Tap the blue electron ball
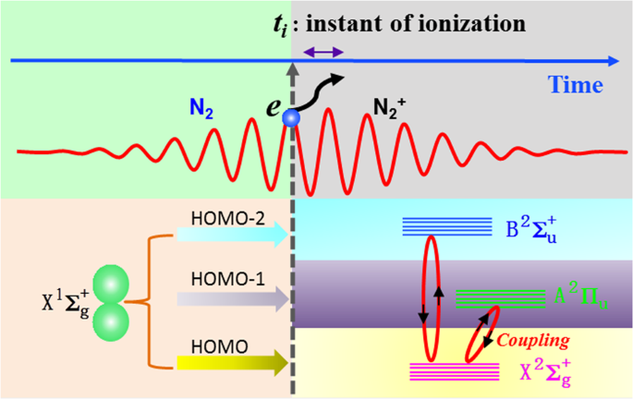click(292, 118)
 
